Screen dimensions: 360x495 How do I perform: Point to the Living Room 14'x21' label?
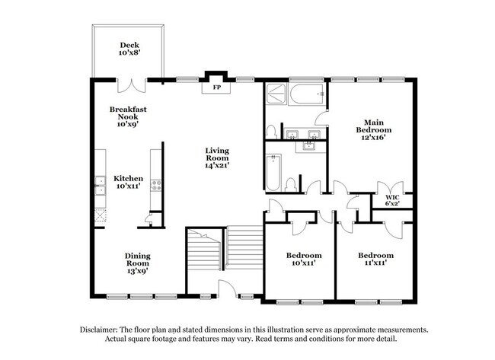click(x=216, y=157)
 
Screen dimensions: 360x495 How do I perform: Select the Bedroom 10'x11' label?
click(x=304, y=259)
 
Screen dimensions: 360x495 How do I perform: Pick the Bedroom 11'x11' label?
click(x=376, y=259)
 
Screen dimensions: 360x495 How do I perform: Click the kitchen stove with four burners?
click(x=156, y=183)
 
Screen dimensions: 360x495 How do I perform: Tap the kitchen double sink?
click(x=99, y=183)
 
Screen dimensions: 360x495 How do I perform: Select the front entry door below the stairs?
click(x=227, y=289)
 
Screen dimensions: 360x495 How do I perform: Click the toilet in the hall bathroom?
click(x=290, y=183)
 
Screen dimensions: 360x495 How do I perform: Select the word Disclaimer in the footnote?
click(x=101, y=330)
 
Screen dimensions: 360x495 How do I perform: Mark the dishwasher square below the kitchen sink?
click(x=99, y=214)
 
